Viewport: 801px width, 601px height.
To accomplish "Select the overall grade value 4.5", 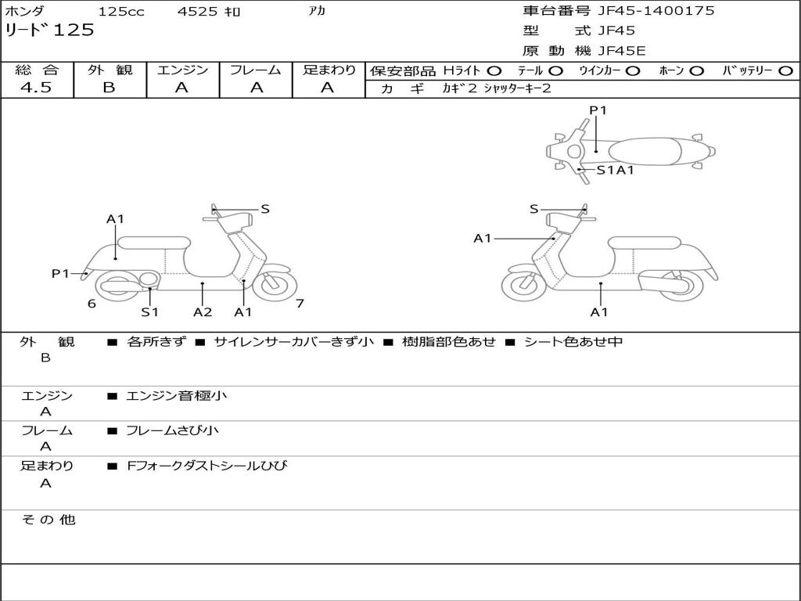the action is [x=36, y=88].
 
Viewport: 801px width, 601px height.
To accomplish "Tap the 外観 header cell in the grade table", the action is [x=110, y=70].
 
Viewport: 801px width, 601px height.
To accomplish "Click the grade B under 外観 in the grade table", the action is [x=109, y=88].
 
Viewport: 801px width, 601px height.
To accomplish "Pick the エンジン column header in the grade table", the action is [x=182, y=70].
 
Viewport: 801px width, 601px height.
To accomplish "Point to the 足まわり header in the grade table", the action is [x=329, y=70].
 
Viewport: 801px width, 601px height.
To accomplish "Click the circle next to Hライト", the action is [x=494, y=70].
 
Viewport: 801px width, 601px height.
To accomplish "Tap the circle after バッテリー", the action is [x=785, y=70].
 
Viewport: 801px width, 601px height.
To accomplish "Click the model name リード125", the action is [x=49, y=31].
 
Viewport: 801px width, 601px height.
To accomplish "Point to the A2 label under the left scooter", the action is [x=203, y=312].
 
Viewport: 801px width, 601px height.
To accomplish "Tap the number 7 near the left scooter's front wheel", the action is [x=300, y=304].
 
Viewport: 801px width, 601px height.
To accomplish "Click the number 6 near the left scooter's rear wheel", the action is [x=92, y=304].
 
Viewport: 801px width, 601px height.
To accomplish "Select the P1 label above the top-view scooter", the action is [x=598, y=110].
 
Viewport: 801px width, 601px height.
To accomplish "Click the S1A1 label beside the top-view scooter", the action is [x=615, y=169].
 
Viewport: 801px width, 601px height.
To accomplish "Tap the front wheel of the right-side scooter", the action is [x=523, y=285].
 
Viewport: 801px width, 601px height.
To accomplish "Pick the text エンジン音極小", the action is [x=177, y=396].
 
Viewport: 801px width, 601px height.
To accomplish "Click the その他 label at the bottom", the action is [x=48, y=520].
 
